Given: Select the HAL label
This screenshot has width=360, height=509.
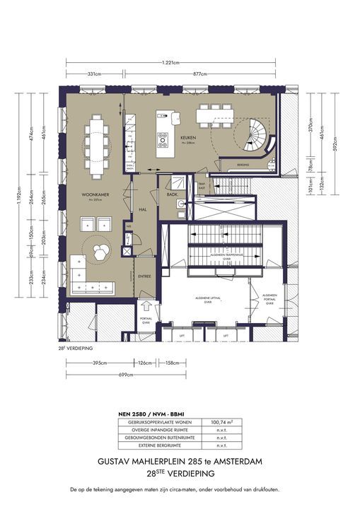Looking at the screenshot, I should (x=142, y=210).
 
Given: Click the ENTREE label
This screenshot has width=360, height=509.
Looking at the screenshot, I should (x=144, y=276).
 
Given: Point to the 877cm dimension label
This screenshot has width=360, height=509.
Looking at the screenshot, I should (x=200, y=74).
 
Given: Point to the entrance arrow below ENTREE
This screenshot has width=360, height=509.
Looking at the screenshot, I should (x=145, y=305).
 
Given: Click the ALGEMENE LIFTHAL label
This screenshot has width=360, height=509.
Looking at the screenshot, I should (x=208, y=299).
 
